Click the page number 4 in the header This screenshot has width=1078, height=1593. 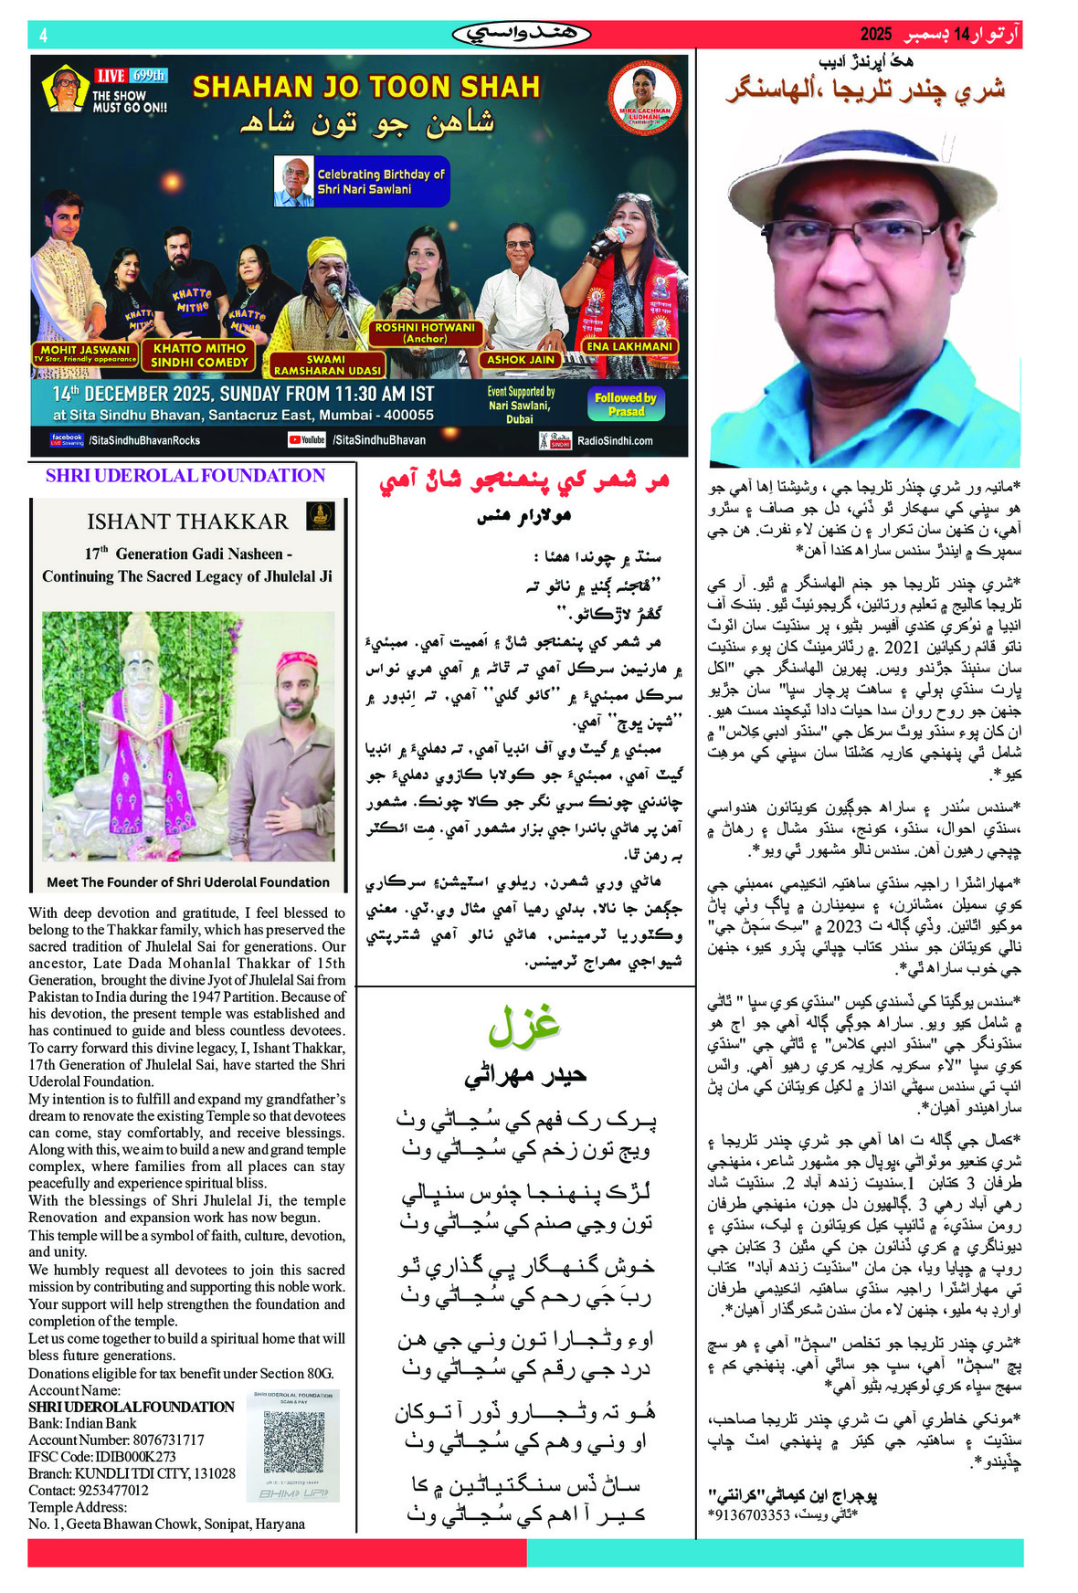(x=44, y=36)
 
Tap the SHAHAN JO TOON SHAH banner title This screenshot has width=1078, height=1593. (x=366, y=87)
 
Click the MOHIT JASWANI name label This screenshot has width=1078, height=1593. (x=85, y=353)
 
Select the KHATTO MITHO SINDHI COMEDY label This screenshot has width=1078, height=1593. (x=199, y=355)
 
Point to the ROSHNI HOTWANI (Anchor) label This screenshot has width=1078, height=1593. (x=425, y=332)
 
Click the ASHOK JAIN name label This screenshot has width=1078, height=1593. (x=521, y=360)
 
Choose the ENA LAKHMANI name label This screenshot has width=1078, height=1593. (x=629, y=346)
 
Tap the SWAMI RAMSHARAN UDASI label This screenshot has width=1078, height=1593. (x=327, y=365)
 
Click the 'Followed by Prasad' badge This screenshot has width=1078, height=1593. (x=626, y=404)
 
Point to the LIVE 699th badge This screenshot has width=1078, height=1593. (x=131, y=76)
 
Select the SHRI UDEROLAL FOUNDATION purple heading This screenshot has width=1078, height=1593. (x=185, y=476)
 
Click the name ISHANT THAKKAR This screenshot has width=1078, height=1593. (x=187, y=522)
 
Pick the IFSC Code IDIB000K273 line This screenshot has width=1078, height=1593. (x=102, y=1456)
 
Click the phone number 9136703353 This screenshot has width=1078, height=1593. (x=749, y=1514)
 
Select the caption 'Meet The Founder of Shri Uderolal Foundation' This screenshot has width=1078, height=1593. (x=188, y=882)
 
